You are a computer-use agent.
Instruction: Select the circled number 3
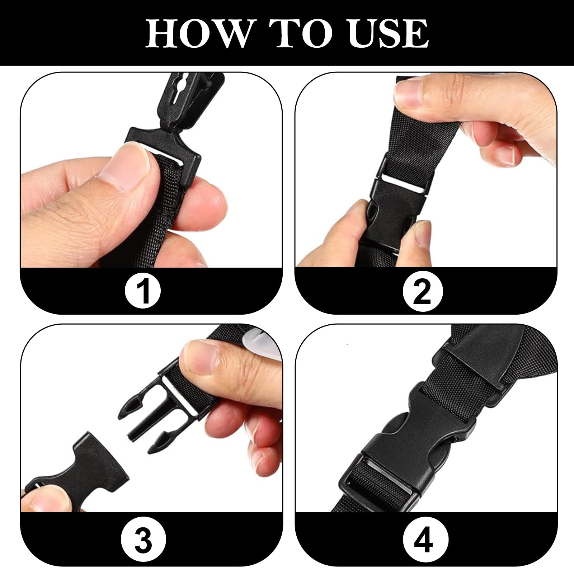click(x=143, y=542)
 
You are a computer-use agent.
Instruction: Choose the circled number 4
click(x=423, y=542)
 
